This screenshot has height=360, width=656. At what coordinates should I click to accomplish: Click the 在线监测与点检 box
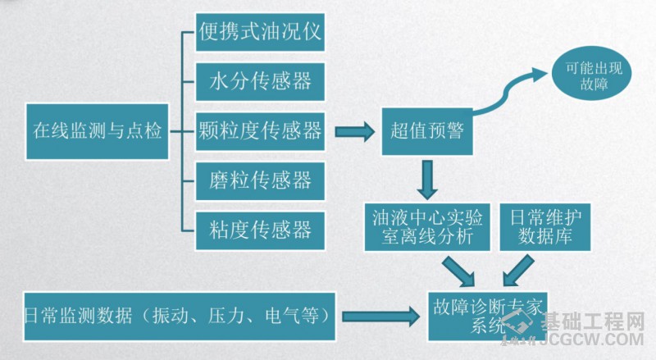(x=98, y=130)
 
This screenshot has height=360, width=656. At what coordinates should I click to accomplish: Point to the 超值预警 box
(x=426, y=130)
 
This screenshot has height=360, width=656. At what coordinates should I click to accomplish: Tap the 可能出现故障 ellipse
(x=585, y=76)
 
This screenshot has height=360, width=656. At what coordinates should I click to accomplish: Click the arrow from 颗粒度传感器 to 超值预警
(x=355, y=130)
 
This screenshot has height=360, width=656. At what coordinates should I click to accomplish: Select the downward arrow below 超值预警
(x=426, y=178)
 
